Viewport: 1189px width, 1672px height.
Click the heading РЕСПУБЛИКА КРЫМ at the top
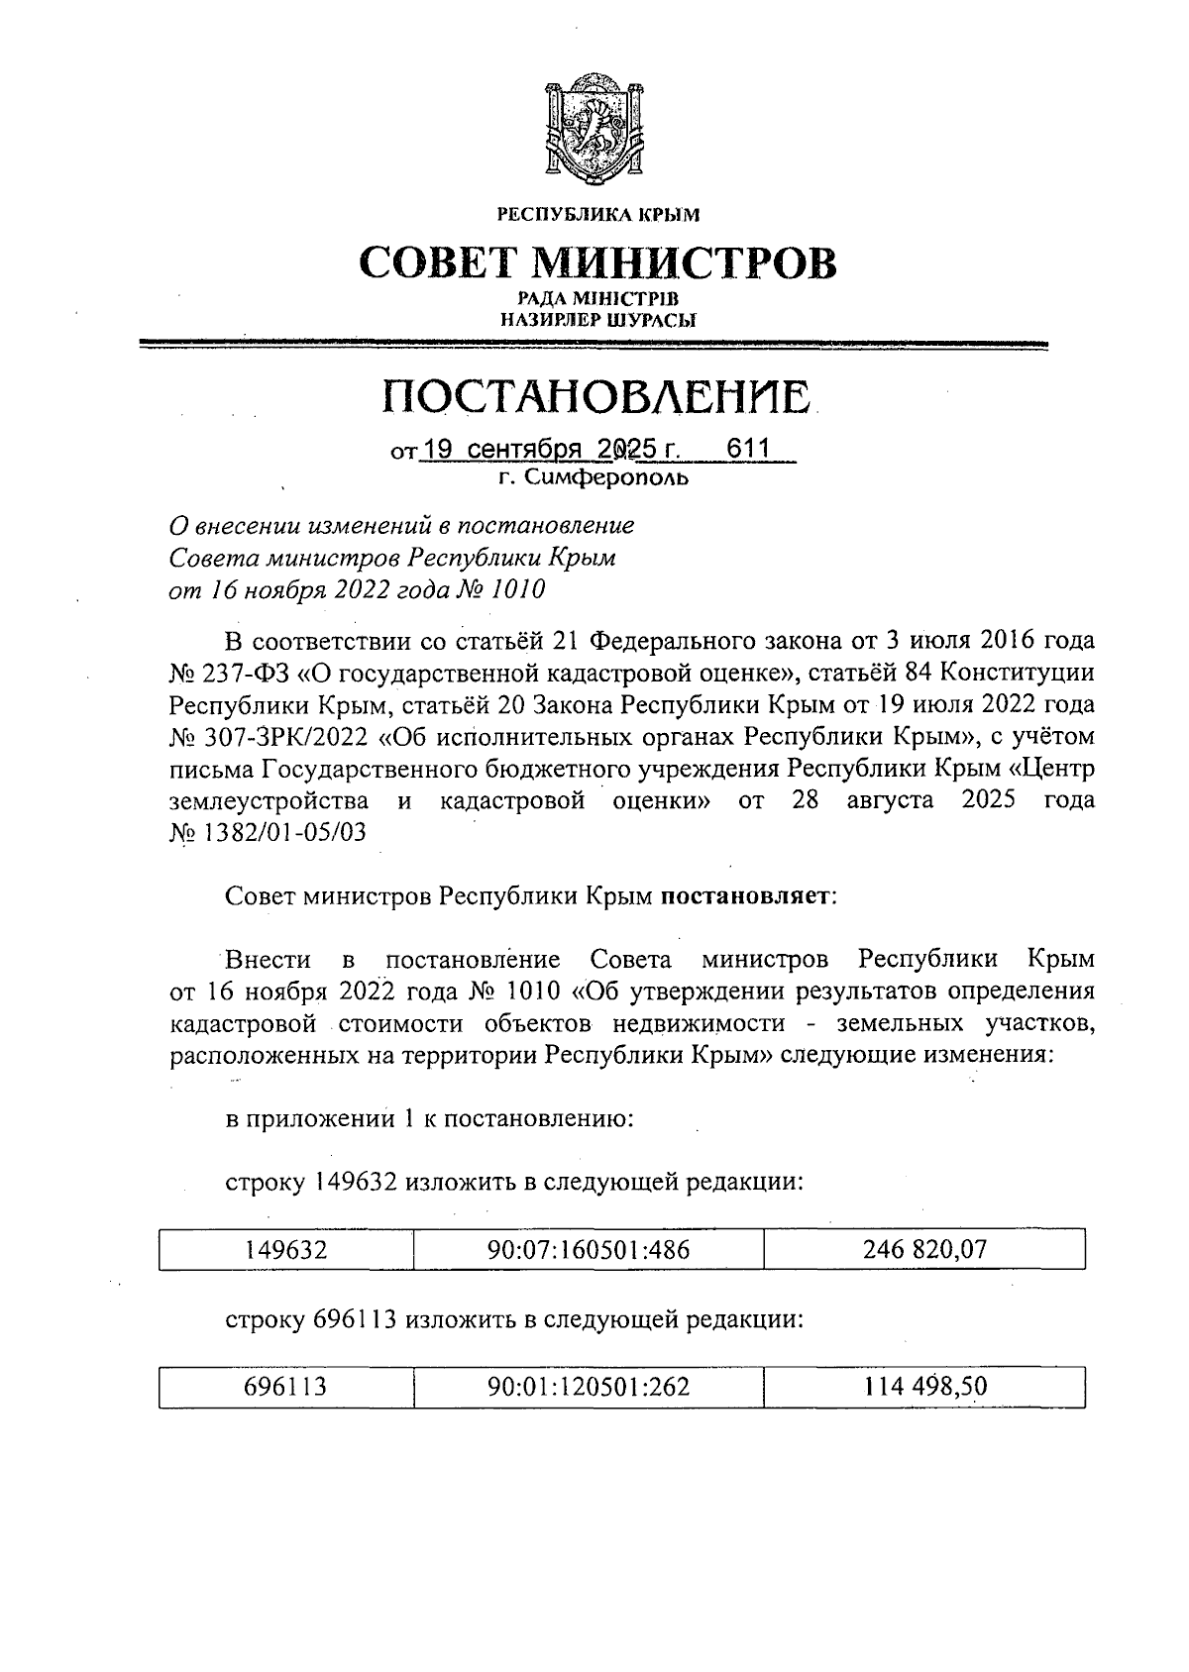pos(596,213)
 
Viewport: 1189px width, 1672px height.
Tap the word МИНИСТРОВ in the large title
pos(684,262)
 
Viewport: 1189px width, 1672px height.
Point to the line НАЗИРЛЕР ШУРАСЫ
pos(596,320)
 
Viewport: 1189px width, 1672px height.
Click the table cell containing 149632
pos(285,1249)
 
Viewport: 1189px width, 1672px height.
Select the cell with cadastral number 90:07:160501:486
pos(588,1249)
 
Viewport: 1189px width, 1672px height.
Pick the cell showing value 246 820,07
pos(923,1249)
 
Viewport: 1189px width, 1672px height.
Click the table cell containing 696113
pos(285,1387)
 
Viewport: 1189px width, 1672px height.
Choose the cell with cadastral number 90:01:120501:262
pos(588,1387)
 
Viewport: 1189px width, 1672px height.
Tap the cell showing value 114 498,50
pos(923,1387)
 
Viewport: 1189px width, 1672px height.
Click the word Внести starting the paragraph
pos(269,960)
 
